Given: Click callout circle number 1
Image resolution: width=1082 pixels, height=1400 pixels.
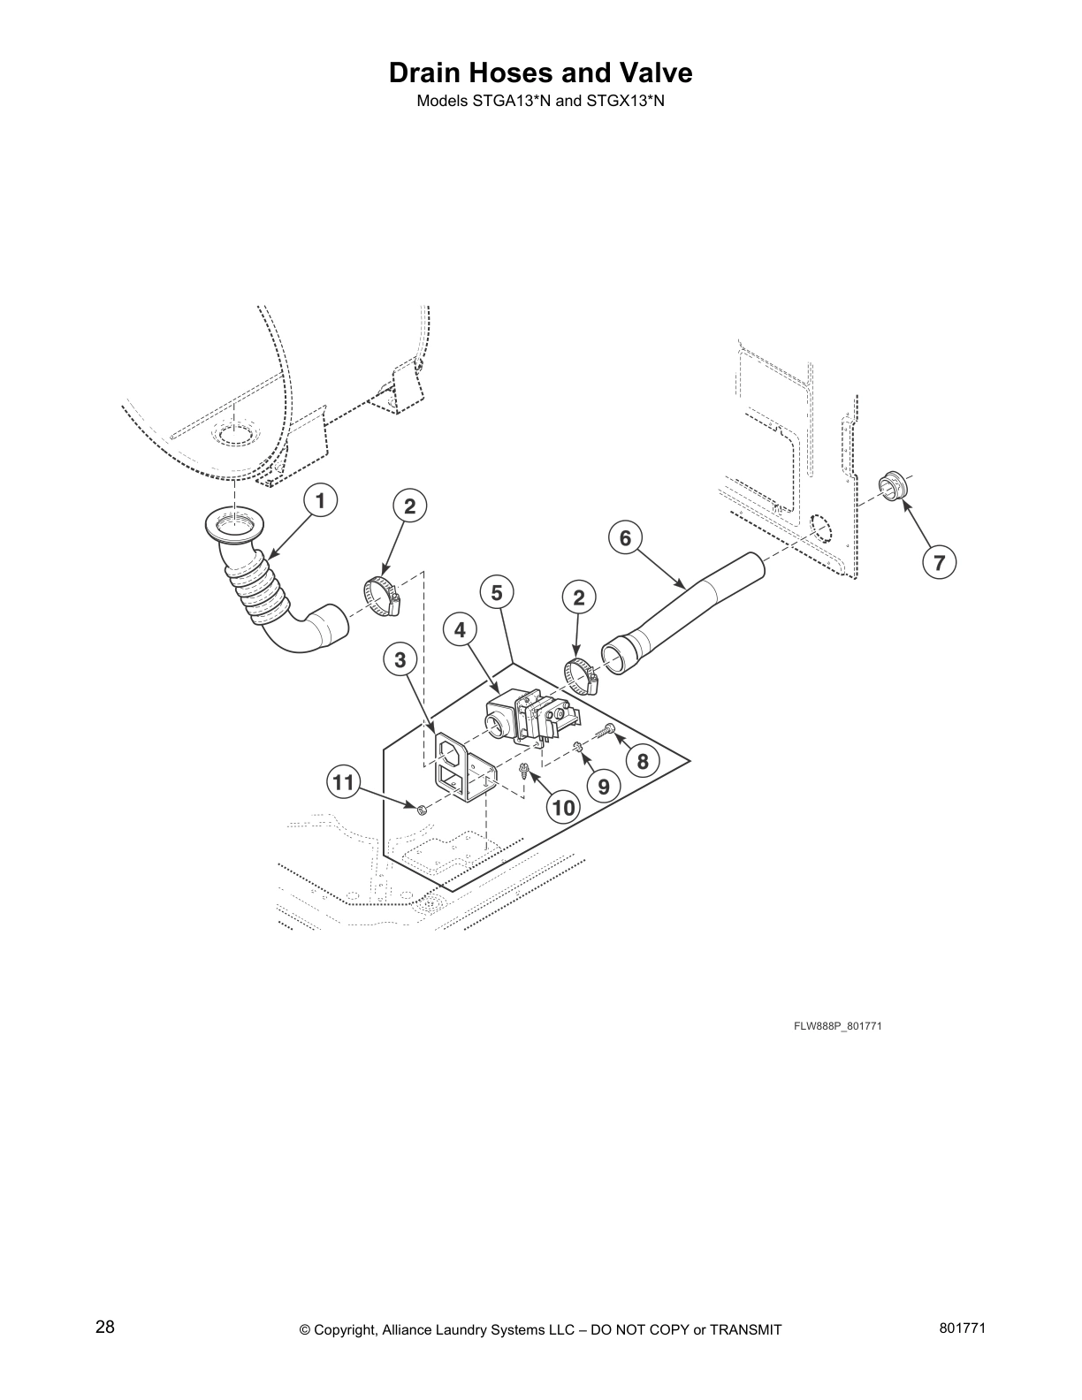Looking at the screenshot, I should click(x=321, y=501).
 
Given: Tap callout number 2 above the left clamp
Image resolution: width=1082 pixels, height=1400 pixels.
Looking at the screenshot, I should click(x=409, y=506).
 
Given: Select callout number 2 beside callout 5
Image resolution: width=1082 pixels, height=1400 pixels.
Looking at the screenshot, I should click(x=579, y=597).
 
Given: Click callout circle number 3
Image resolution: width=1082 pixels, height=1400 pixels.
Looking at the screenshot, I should click(x=400, y=658).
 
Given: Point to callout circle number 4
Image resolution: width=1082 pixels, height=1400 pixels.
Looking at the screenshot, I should click(x=461, y=629).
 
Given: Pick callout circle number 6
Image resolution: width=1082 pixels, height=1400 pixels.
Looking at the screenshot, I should click(x=625, y=537).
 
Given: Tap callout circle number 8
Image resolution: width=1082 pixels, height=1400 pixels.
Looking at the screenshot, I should click(x=643, y=761).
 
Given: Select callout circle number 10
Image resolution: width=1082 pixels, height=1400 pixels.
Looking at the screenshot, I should click(x=563, y=806).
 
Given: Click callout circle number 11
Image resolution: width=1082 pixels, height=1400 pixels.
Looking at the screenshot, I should click(x=344, y=781).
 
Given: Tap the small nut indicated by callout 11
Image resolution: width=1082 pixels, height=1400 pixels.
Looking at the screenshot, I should click(x=422, y=808).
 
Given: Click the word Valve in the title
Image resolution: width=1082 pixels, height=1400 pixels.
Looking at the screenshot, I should click(x=649, y=72).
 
